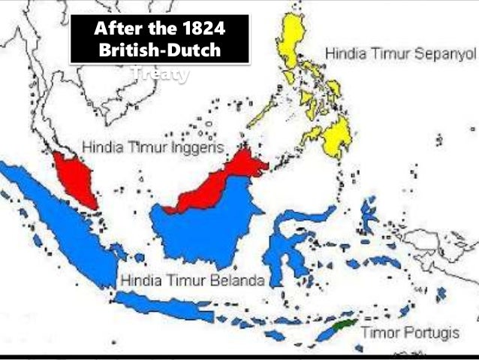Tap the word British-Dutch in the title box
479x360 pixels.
point(159,52)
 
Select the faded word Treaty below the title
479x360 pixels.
point(159,74)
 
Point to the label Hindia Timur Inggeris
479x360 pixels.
point(153,147)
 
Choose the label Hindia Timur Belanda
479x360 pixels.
point(192,281)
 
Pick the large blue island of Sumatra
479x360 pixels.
point(60,218)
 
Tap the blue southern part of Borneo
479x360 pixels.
point(203,225)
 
